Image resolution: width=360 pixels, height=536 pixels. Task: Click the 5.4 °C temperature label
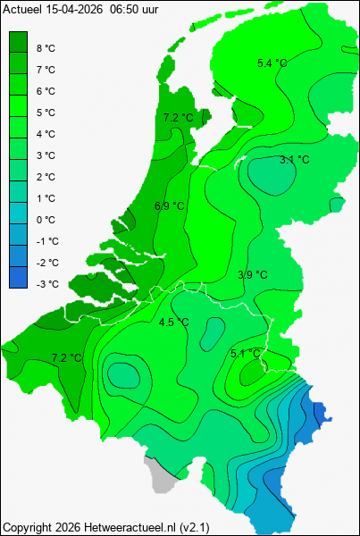click(272, 63)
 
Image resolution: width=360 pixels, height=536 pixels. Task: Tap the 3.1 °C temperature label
click(295, 160)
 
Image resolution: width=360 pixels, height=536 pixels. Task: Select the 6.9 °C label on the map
click(169, 206)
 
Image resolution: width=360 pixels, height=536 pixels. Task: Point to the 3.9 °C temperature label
click(252, 275)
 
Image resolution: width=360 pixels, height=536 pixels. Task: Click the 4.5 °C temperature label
click(173, 322)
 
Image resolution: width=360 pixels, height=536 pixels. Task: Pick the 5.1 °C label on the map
click(245, 354)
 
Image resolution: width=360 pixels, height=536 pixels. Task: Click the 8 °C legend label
click(46, 48)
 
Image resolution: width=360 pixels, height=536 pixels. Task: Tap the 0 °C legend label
click(46, 220)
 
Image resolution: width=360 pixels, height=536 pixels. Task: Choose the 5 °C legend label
click(46, 113)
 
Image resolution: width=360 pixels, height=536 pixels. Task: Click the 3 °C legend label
click(46, 155)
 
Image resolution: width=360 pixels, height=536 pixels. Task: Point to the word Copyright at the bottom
click(28, 526)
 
